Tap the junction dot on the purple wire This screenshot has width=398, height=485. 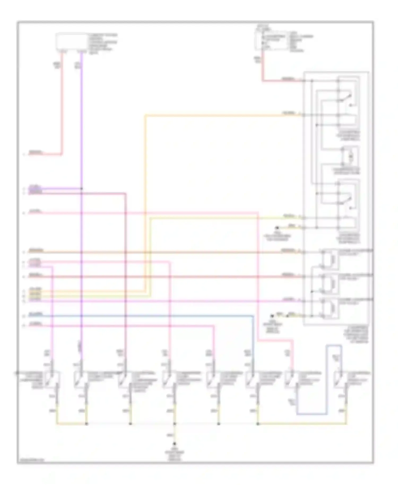(x=82, y=189)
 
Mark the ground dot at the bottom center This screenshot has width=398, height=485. (x=175, y=444)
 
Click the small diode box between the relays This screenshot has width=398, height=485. (x=350, y=157)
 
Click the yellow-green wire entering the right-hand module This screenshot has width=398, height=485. (x=226, y=218)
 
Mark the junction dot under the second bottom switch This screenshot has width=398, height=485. (x=86, y=424)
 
